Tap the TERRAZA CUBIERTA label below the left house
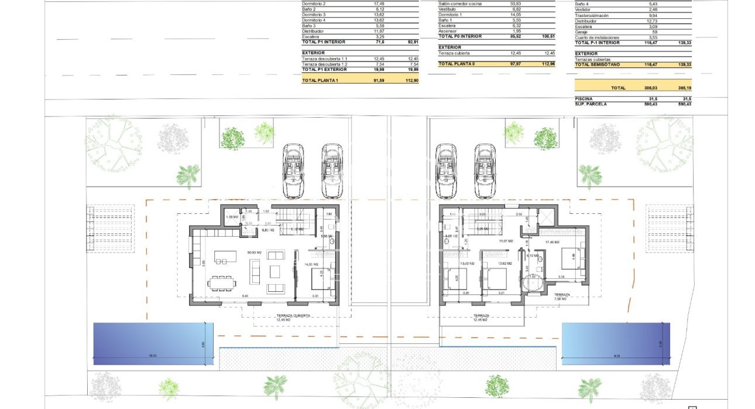(x=293, y=315)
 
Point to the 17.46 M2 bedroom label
(x=552, y=241)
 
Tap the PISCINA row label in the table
(x=584, y=98)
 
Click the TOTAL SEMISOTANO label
(x=598, y=64)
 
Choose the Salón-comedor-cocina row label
(x=460, y=4)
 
